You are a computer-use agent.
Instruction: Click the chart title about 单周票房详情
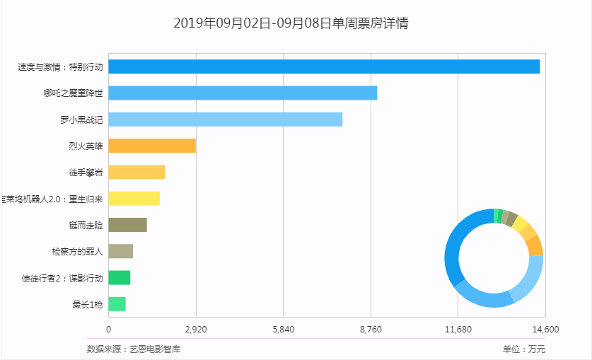[x=291, y=23]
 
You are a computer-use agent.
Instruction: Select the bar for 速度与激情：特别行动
[x=324, y=66]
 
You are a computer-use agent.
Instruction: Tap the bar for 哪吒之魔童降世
[x=243, y=93]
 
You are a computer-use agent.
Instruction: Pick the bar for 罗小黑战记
[x=225, y=120]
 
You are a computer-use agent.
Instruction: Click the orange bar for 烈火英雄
[x=152, y=146]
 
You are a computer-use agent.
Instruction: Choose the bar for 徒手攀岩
[x=137, y=173]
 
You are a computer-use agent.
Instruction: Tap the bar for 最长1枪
[x=117, y=304]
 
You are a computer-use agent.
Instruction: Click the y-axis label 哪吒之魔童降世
[x=73, y=93]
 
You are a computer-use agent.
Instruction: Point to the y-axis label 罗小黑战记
[x=81, y=120]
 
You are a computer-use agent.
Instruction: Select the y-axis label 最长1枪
[x=87, y=305]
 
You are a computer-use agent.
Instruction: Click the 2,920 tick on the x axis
[x=196, y=330]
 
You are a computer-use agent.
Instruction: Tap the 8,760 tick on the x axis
[x=371, y=330]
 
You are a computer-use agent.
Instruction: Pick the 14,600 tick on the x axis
[x=545, y=330]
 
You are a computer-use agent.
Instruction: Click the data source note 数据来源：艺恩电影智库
[x=133, y=349]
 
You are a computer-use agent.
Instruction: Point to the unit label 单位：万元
[x=524, y=349]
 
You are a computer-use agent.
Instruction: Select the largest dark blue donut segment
[x=455, y=248]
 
